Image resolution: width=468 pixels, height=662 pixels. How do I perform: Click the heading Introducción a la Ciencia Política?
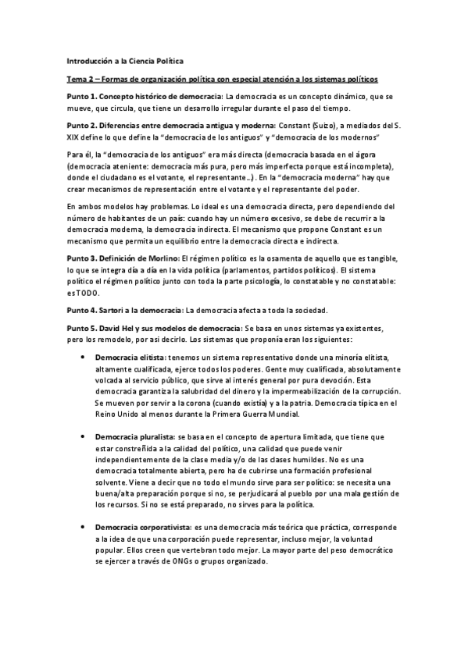[x=126, y=60]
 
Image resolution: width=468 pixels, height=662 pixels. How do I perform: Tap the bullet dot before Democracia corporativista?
[x=84, y=529]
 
